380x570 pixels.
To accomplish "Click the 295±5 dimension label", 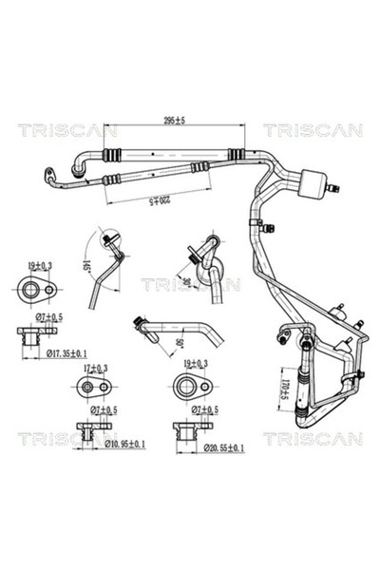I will click(173, 121).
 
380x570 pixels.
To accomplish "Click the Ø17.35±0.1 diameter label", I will click(48, 352).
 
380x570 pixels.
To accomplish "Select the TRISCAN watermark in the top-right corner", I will click(313, 130).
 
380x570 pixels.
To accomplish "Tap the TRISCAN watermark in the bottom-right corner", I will click(313, 438).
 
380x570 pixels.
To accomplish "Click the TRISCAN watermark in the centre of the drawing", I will click(190, 284).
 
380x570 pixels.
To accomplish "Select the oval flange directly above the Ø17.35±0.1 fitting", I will click(38, 290).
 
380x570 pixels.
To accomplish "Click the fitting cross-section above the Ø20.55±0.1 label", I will click(191, 427).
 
